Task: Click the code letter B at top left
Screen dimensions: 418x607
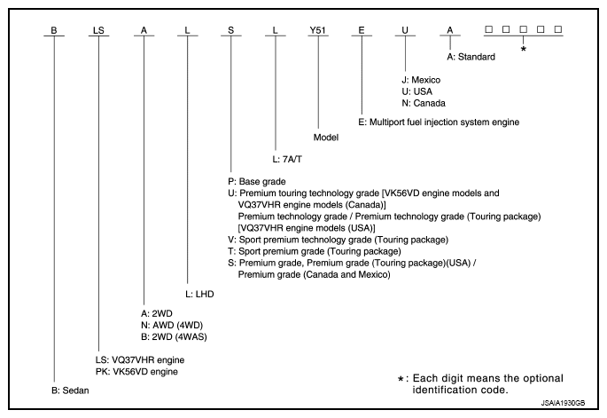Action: [x=54, y=28]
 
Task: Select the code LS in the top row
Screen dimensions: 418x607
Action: [x=97, y=28]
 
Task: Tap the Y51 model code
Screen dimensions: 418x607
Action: [x=318, y=28]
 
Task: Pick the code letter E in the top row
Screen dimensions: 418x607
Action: [x=362, y=28]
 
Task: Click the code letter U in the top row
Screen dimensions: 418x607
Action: [x=405, y=28]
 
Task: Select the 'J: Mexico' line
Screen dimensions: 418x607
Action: [x=422, y=80]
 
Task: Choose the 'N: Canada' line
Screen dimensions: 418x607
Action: [x=424, y=103]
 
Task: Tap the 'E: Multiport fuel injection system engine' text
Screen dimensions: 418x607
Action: [x=439, y=122]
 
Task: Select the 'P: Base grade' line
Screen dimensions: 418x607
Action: [x=257, y=181]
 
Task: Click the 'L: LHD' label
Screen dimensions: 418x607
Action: [x=200, y=292]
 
